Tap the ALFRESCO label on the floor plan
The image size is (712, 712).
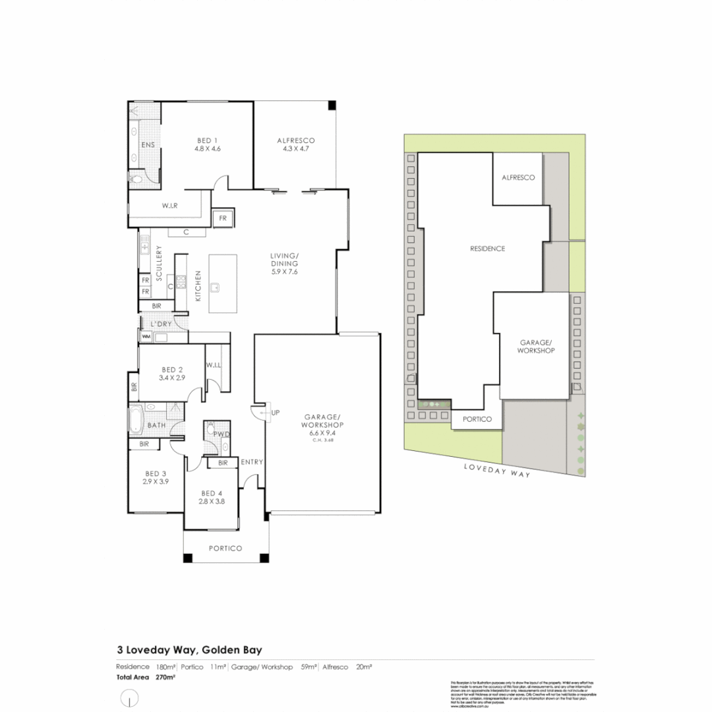click(296, 140)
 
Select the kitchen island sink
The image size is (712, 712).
click(215, 287)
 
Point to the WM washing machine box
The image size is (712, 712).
click(146, 337)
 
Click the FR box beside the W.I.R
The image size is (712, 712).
click(222, 218)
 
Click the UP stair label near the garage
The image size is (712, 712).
click(276, 413)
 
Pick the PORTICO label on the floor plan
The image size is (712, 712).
click(225, 549)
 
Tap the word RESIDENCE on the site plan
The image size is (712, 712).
click(487, 249)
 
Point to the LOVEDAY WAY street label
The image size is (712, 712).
click(496, 469)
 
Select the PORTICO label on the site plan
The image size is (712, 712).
click(478, 419)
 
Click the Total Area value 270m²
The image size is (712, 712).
click(165, 677)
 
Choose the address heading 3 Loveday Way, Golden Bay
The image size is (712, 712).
click(189, 649)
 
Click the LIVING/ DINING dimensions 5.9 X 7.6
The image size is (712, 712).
click(284, 272)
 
